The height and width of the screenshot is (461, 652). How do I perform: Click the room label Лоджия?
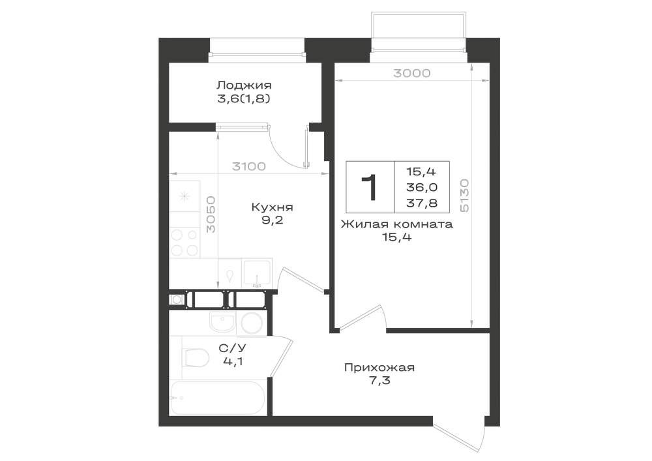pyautogui.click(x=244, y=85)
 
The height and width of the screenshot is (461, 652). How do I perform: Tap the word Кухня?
pyautogui.click(x=273, y=207)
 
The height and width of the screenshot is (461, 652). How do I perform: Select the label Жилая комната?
pyautogui.click(x=396, y=224)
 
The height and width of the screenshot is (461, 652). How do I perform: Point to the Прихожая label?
pyautogui.click(x=379, y=368)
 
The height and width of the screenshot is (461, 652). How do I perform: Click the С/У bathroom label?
pyautogui.click(x=233, y=348)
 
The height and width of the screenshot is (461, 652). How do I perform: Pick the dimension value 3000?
pyautogui.click(x=411, y=73)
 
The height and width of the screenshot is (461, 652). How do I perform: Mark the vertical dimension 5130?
pyautogui.click(x=464, y=196)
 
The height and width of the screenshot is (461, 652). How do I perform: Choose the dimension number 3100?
pyautogui.click(x=248, y=167)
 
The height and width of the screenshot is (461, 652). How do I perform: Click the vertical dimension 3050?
pyautogui.click(x=211, y=215)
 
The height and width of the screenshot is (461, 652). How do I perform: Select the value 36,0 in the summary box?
pyautogui.click(x=422, y=188)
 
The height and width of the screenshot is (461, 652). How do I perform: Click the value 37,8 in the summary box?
pyautogui.click(x=422, y=203)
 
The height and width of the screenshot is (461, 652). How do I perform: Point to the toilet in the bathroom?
pyautogui.click(x=196, y=358)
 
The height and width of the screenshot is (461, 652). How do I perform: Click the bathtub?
pyautogui.click(x=216, y=398)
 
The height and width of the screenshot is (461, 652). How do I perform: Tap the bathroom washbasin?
pyautogui.click(x=223, y=321)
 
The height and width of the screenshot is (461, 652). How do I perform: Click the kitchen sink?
pyautogui.click(x=257, y=273)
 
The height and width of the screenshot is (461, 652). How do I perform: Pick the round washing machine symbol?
pyautogui.click(x=252, y=323)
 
